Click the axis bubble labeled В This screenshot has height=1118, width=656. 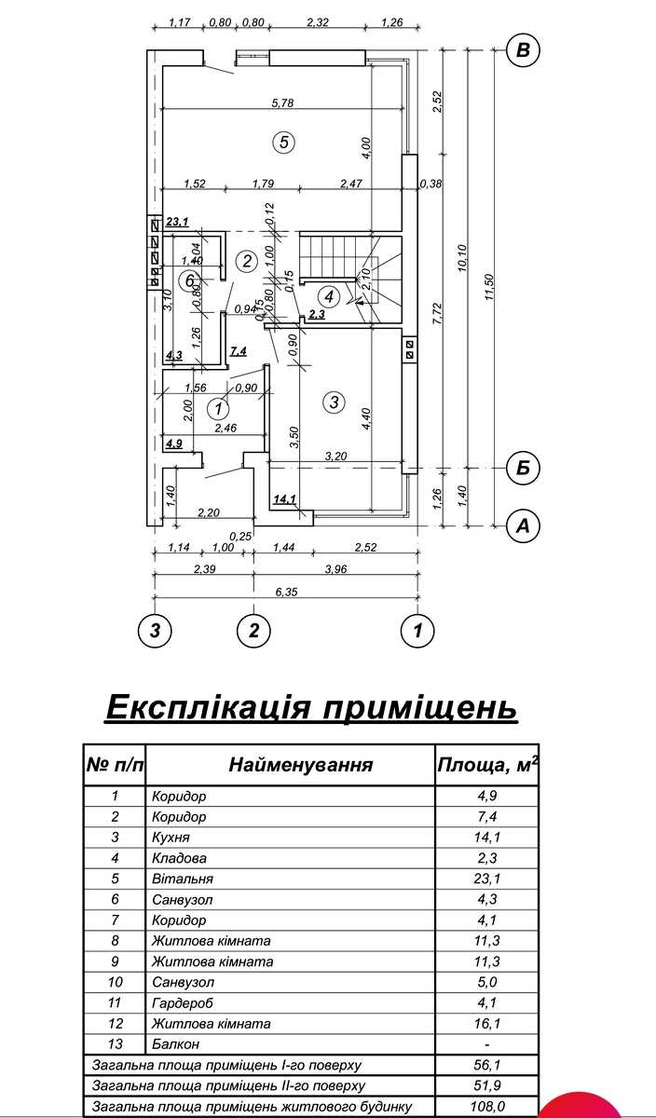coord(523,50)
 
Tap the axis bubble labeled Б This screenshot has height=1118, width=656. coord(523,468)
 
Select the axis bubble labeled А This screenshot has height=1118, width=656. coord(523,525)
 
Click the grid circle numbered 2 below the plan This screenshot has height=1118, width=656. coord(254,630)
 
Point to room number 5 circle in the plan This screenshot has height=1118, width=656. coord(283,143)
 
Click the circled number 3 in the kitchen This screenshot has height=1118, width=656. coord(334,402)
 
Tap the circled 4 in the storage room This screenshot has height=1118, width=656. coord(329,296)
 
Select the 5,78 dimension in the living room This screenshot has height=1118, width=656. coord(282,102)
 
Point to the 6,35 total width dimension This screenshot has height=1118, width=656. coord(286,592)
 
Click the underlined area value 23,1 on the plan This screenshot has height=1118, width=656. coord(177,221)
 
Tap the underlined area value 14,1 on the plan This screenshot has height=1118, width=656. coord(284,498)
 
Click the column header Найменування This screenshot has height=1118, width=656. coord(301,765)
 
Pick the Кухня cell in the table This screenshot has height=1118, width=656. coord(171,837)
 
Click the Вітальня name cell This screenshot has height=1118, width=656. coord(183,879)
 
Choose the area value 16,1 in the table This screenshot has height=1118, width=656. coord(487,1024)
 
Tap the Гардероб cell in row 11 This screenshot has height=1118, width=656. coord(183,1002)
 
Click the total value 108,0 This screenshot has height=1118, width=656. coord(487,1107)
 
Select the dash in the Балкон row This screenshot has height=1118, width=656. coord(487,1044)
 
